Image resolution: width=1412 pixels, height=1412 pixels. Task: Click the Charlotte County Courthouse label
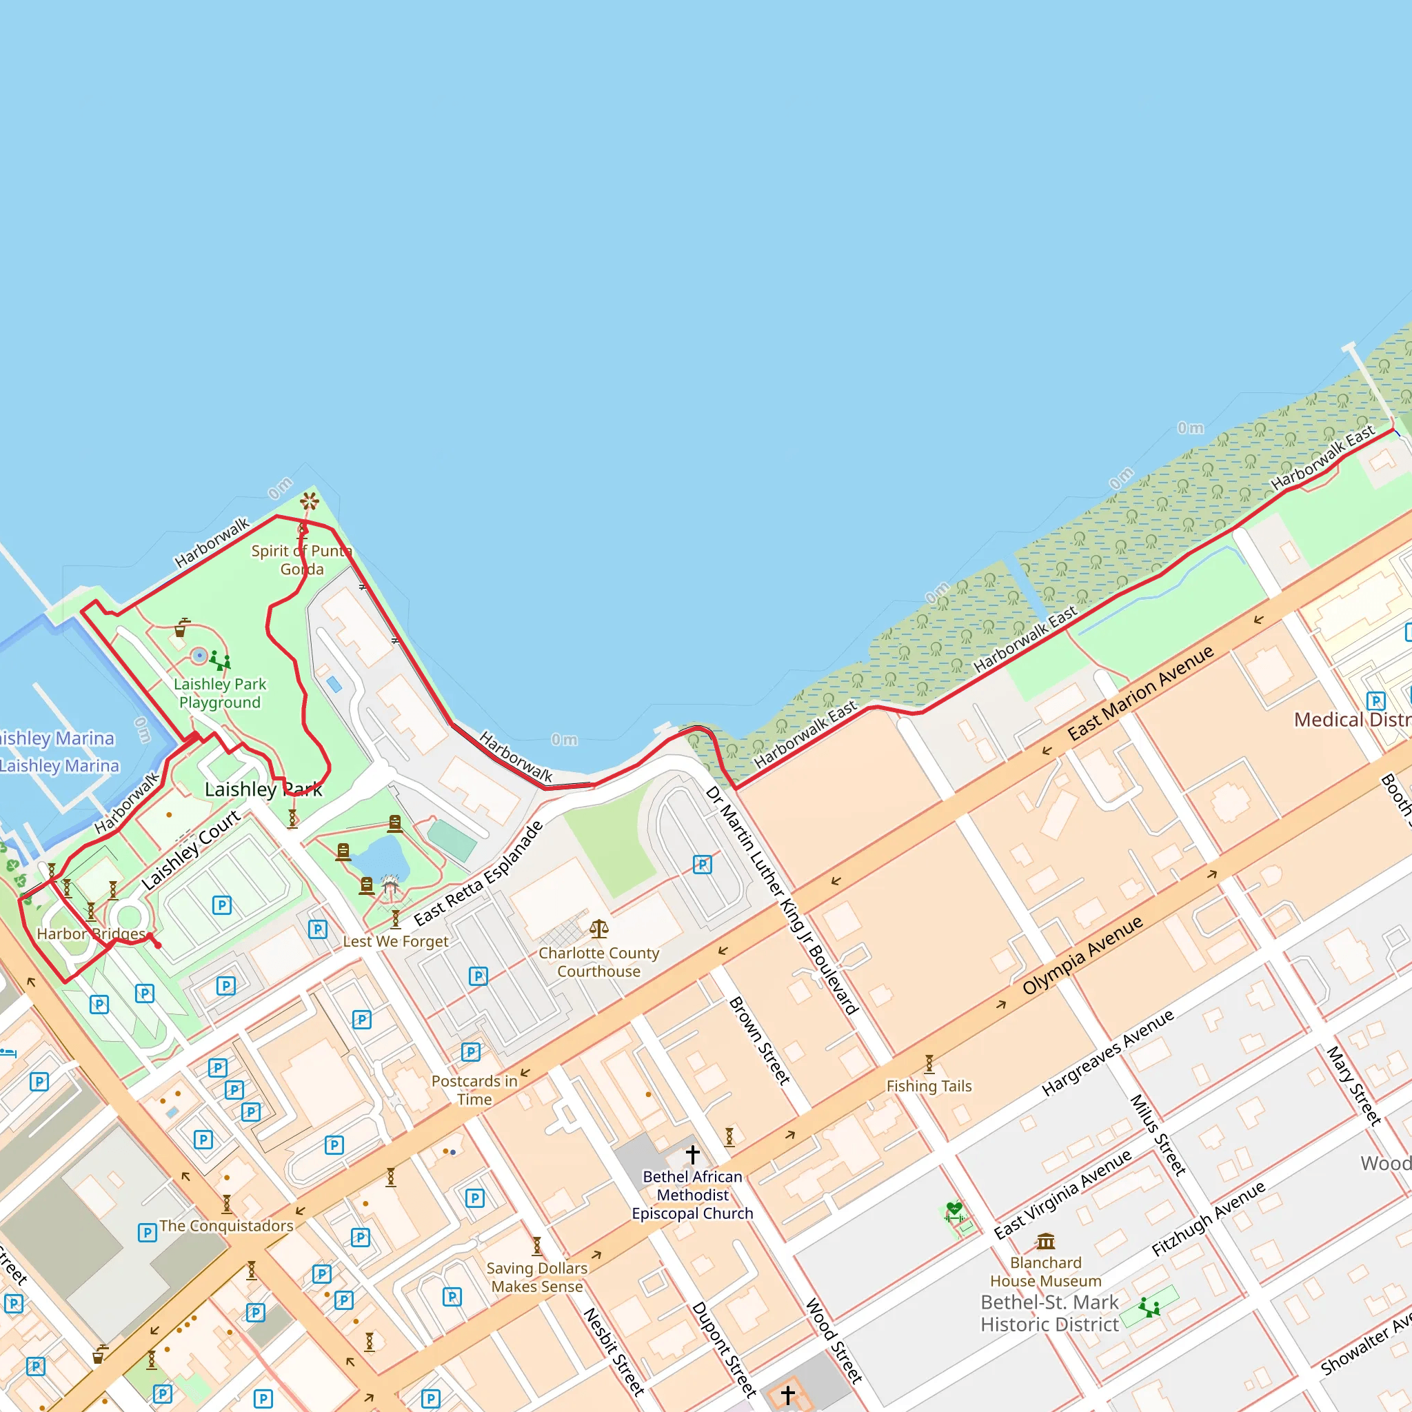598,962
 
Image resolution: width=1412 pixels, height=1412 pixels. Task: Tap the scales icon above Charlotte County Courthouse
598,929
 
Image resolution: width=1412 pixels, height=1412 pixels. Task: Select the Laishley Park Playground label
220,693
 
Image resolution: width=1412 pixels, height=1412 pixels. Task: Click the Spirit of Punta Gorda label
302,560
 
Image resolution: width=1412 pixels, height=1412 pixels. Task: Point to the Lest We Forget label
395,941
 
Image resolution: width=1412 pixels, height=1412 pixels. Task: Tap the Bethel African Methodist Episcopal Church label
692,1195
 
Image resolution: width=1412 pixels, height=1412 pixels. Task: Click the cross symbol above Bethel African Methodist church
693,1154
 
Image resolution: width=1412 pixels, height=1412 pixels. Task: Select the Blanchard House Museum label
1045,1271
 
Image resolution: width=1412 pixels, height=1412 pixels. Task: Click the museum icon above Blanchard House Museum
1046,1241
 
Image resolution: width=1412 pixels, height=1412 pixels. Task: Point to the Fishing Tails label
929,1086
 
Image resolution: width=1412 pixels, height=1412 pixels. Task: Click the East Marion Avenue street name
1140,693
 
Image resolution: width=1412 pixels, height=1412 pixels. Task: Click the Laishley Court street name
191,850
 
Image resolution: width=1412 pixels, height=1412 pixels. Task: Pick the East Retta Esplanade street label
478,874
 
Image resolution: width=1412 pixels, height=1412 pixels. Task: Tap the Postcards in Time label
474,1090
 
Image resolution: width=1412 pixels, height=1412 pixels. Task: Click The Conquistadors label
227,1226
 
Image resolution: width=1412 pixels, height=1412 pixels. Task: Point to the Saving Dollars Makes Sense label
537,1277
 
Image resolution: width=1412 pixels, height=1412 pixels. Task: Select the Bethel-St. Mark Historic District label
1049,1313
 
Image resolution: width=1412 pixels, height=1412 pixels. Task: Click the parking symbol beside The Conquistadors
147,1233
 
